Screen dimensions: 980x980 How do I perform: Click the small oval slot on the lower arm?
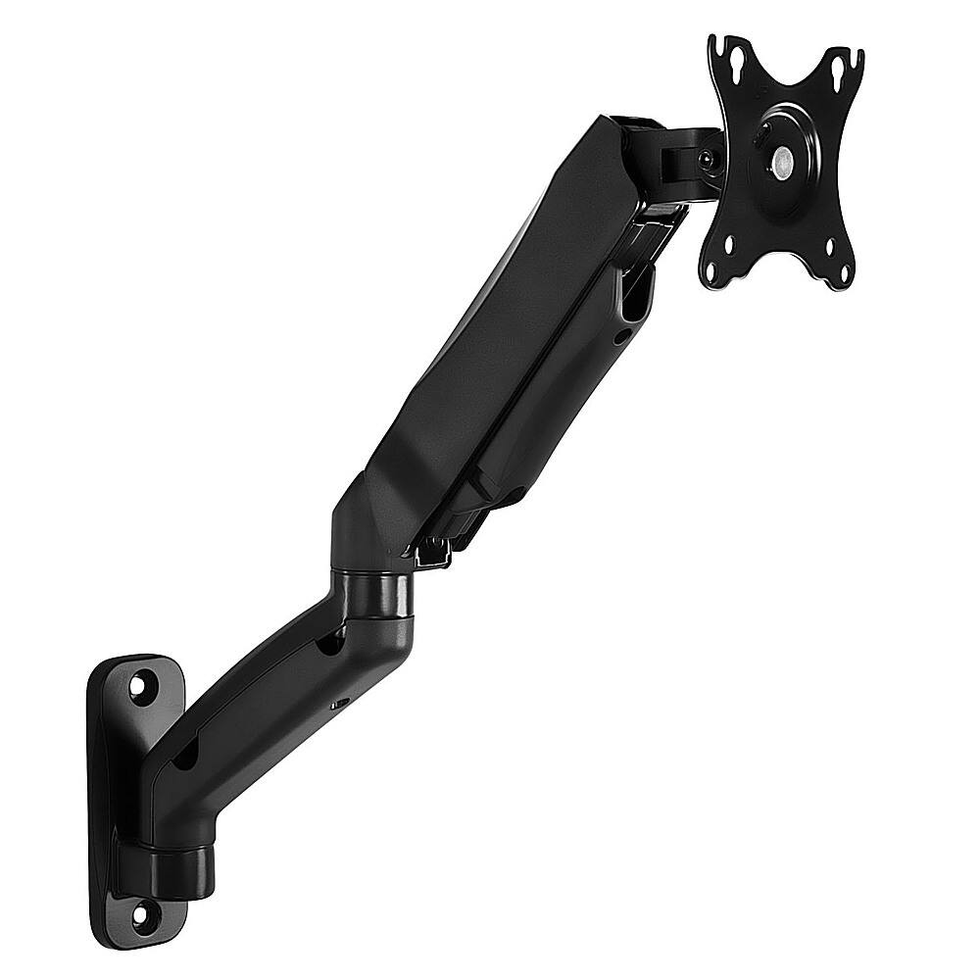[x=341, y=703]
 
